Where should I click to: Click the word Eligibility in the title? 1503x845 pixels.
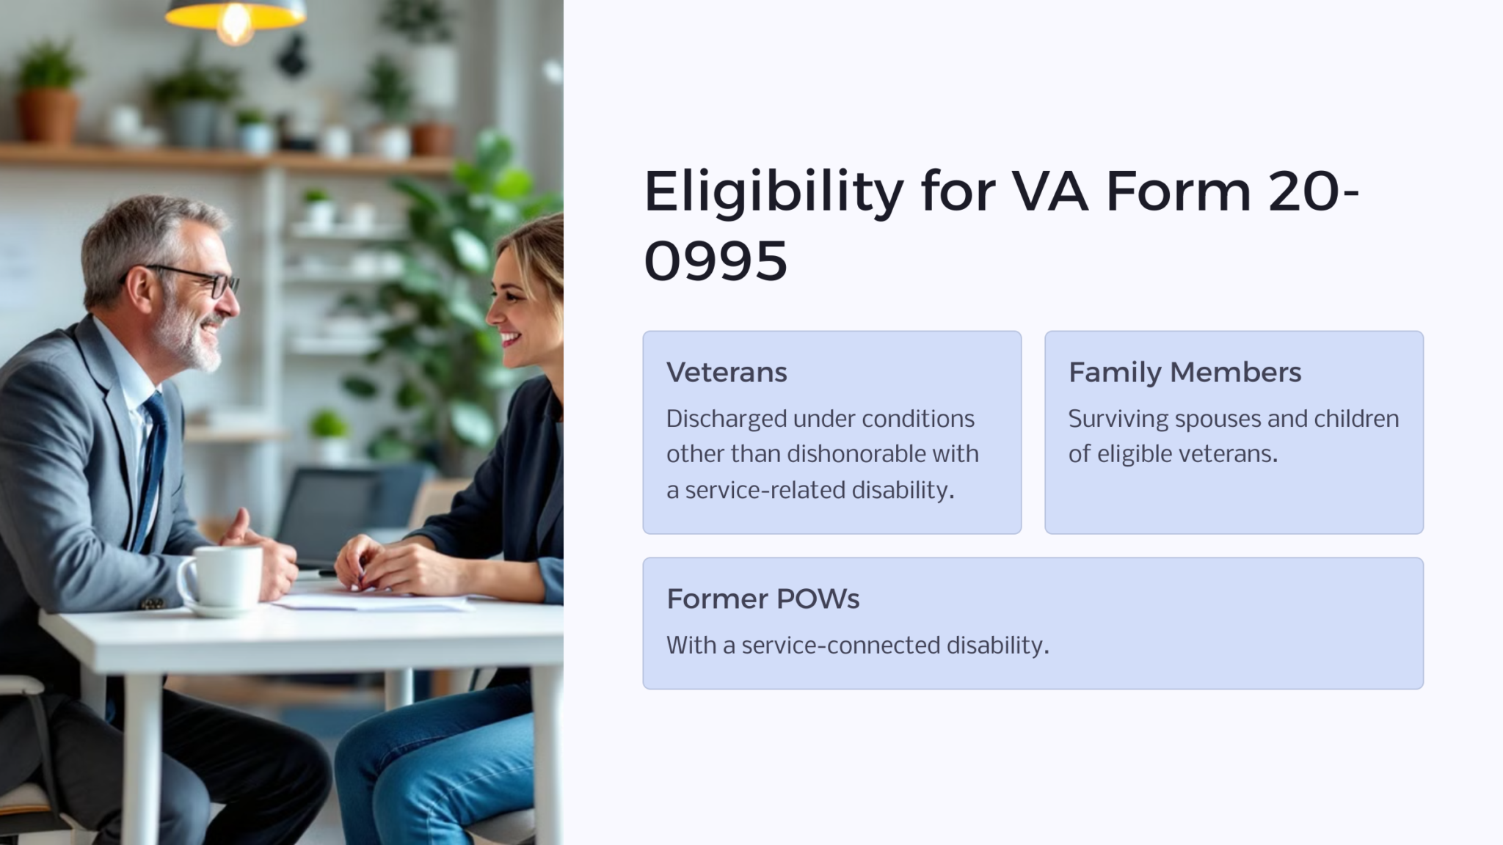pos(774,192)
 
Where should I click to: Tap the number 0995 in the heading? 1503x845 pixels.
pos(716,260)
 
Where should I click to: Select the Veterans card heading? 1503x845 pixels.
pos(727,373)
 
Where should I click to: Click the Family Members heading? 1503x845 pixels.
pos(1184,373)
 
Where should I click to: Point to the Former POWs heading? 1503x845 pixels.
pos(763,599)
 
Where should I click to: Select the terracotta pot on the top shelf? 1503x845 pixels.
pos(48,116)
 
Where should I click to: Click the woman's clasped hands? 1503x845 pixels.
pos(387,563)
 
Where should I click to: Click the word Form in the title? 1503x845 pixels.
pos(1178,192)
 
